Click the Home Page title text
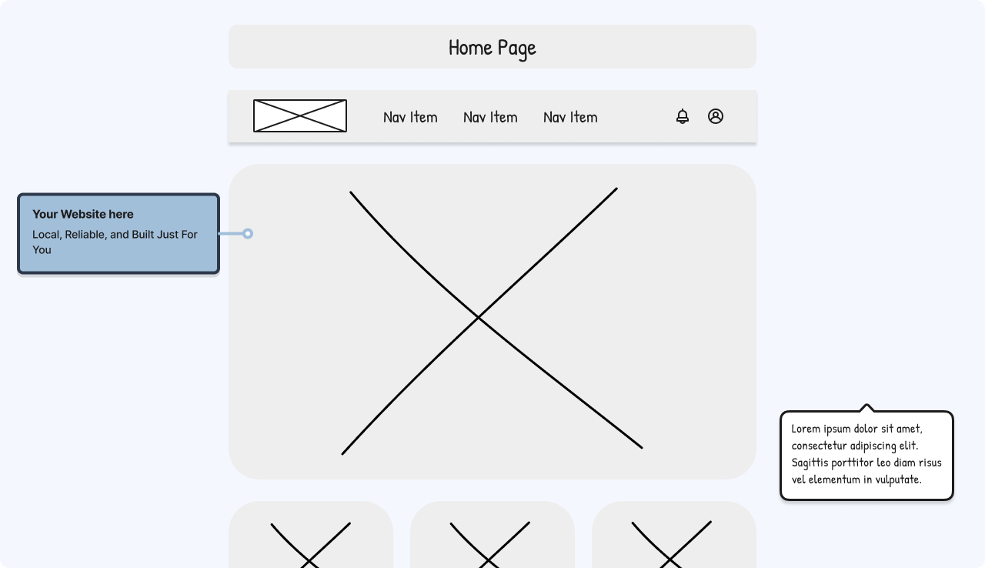492,48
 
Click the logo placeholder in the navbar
300,115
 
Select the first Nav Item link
410,117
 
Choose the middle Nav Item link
490,117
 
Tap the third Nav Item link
570,117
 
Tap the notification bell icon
683,116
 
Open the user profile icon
716,116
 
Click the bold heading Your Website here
82,214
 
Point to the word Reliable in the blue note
85,234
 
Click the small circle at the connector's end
248,233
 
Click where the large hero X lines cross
478,316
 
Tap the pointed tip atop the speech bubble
866,405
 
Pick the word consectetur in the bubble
820,446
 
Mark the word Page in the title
516,48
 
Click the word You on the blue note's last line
42,249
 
